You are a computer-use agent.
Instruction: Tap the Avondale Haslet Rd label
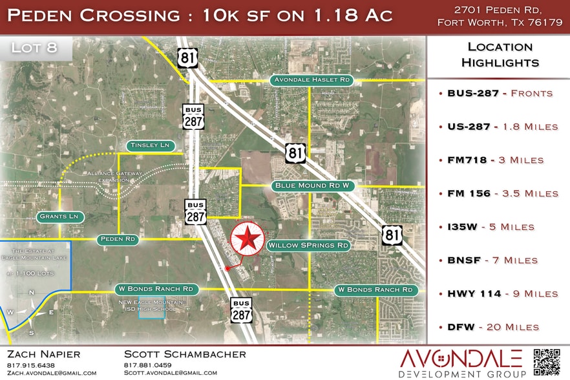[310, 80]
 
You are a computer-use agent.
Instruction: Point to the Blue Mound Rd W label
[313, 185]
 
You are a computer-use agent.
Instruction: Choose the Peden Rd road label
[118, 239]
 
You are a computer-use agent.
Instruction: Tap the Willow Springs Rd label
[308, 246]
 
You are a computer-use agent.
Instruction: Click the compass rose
[32, 312]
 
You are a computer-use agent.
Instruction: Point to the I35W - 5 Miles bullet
[491, 227]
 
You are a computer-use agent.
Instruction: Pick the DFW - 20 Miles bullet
[492, 327]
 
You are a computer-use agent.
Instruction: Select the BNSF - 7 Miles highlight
[492, 260]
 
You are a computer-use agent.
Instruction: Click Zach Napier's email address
[52, 373]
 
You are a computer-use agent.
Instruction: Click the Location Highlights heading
[500, 55]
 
